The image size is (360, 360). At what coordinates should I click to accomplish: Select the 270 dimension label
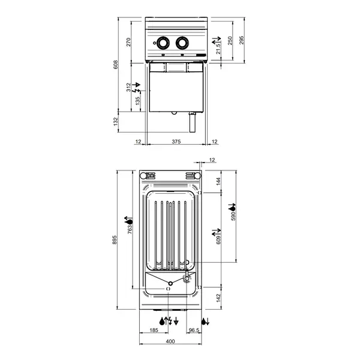(128, 41)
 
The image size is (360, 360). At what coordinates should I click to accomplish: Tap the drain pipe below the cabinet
(193, 123)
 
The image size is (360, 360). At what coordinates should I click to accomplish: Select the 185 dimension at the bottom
(154, 331)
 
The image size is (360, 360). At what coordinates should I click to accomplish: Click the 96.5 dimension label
(193, 331)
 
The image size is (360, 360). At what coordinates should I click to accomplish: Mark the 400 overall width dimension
(170, 341)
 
